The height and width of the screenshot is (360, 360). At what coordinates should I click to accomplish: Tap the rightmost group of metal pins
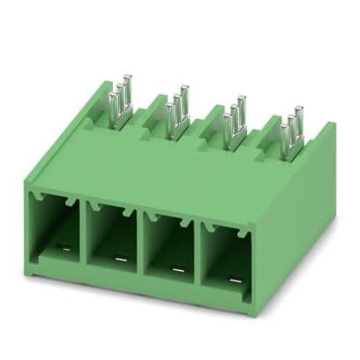click(290, 133)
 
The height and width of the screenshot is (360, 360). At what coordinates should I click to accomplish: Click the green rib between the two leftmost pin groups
click(150, 113)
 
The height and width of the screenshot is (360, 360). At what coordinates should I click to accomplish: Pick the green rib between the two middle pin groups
click(207, 124)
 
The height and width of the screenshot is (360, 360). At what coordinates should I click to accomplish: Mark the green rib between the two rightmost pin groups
click(263, 135)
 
